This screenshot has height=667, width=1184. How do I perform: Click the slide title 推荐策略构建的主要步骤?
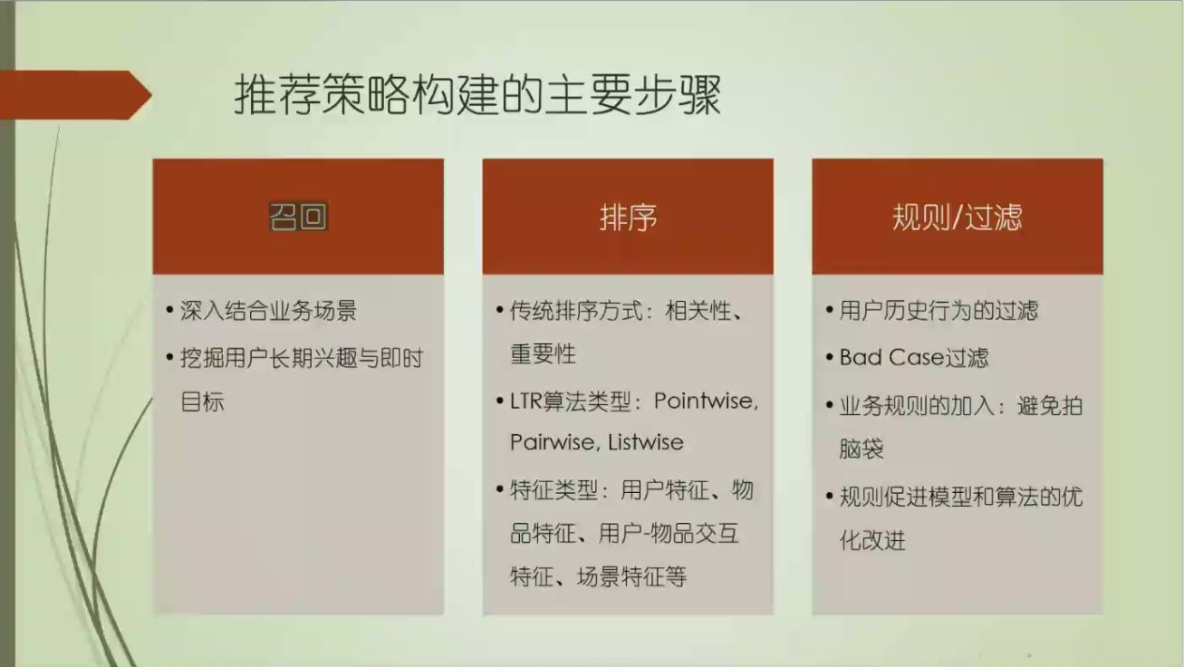pyautogui.click(x=478, y=95)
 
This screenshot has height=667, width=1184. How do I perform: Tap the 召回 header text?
pyautogui.click(x=297, y=217)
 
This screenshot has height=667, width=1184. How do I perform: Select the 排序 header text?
pyautogui.click(x=628, y=217)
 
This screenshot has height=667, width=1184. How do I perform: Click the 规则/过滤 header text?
pyautogui.click(x=957, y=217)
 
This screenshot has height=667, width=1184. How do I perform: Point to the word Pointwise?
pyautogui.click(x=705, y=401)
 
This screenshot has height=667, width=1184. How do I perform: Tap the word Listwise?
pyautogui.click(x=646, y=443)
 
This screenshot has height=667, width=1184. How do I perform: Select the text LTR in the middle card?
pyautogui.click(x=526, y=401)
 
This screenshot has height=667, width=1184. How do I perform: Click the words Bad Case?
pyautogui.click(x=890, y=358)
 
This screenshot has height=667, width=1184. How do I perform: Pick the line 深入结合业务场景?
pyautogui.click(x=268, y=311)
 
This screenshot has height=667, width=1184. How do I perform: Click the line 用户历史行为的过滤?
pyautogui.click(x=939, y=311)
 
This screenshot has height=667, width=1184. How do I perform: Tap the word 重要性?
pyautogui.click(x=544, y=354)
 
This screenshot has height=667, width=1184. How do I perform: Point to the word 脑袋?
pyautogui.click(x=862, y=449)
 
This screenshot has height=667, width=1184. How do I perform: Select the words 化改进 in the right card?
pyautogui.click(x=872, y=541)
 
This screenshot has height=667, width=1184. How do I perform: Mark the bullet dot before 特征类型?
pyautogui.click(x=500, y=490)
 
